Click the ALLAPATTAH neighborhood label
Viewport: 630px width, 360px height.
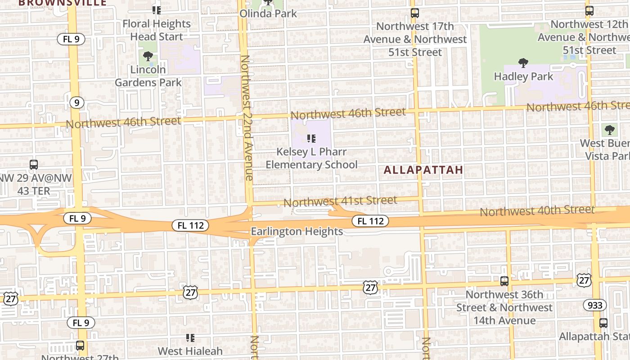pyautogui.click(x=423, y=170)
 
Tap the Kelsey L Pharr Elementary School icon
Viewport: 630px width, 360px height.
pyautogui.click(x=311, y=139)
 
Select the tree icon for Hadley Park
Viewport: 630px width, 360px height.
pyautogui.click(x=523, y=63)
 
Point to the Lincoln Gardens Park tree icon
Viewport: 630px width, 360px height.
pyautogui.click(x=148, y=56)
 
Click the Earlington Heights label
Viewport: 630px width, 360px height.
pyautogui.click(x=297, y=231)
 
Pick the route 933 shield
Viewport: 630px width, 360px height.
pyautogui.click(x=595, y=305)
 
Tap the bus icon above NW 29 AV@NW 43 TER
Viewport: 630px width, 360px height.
pyautogui.click(x=33, y=165)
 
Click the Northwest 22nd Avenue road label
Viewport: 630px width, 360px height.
pyautogui.click(x=246, y=118)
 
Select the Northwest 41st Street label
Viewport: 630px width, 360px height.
pyautogui.click(x=340, y=201)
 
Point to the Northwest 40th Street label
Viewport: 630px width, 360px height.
pyautogui.click(x=537, y=210)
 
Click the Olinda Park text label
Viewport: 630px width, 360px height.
pyautogui.click(x=268, y=13)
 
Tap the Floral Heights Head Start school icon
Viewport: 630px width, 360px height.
pyautogui.click(x=157, y=10)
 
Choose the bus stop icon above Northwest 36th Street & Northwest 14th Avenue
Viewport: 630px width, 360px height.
pyautogui.click(x=504, y=281)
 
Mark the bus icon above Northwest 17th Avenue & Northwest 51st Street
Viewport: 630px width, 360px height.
pyautogui.click(x=415, y=13)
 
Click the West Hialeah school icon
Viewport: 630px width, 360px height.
pyautogui.click(x=190, y=337)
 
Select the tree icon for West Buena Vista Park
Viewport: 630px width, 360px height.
pyautogui.click(x=610, y=130)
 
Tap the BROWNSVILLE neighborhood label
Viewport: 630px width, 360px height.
pyautogui.click(x=63, y=3)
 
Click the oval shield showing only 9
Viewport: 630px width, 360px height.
pyautogui.click(x=77, y=103)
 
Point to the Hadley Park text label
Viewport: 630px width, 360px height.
pyautogui.click(x=523, y=76)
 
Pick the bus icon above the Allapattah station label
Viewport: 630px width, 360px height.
pyautogui.click(x=603, y=323)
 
